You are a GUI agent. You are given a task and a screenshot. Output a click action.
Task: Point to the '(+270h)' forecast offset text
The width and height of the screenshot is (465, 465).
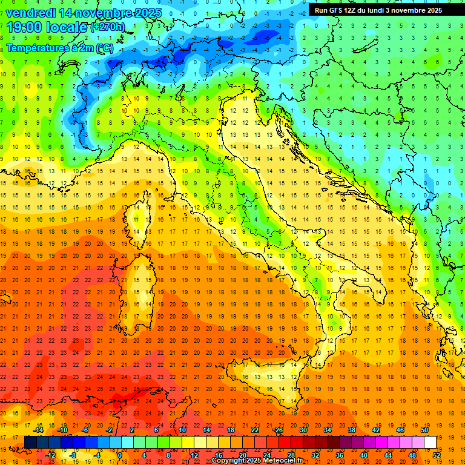pyautogui.click(x=108, y=27)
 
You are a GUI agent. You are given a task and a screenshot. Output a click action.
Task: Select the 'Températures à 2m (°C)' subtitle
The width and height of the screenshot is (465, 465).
pyautogui.click(x=59, y=47)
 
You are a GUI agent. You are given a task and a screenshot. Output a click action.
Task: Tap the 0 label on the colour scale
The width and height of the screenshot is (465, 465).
pyautogui.click(x=120, y=455)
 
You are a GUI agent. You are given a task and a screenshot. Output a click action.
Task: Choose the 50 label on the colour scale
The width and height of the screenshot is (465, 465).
pyautogui.click(x=424, y=430)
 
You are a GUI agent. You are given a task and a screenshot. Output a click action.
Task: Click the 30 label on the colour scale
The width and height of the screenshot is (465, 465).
pyautogui.click(x=302, y=430)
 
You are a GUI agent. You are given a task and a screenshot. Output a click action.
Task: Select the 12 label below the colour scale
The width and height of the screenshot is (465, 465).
pyautogui.click(x=194, y=455)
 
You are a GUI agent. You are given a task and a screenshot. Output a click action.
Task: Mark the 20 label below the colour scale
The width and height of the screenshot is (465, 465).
pyautogui.click(x=242, y=455)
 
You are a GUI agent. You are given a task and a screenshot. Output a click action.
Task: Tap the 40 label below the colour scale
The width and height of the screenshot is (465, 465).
pyautogui.click(x=364, y=455)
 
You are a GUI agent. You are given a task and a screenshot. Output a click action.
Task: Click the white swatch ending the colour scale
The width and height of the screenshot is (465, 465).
pyautogui.click(x=430, y=442)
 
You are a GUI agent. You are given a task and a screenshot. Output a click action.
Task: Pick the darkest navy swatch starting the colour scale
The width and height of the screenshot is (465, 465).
pyautogui.click(x=30, y=442)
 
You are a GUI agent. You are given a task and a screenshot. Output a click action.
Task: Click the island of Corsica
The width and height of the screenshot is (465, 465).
pyautogui.click(x=140, y=221)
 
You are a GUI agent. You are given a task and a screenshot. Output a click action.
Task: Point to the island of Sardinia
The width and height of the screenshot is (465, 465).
pyautogui.click(x=140, y=294)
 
